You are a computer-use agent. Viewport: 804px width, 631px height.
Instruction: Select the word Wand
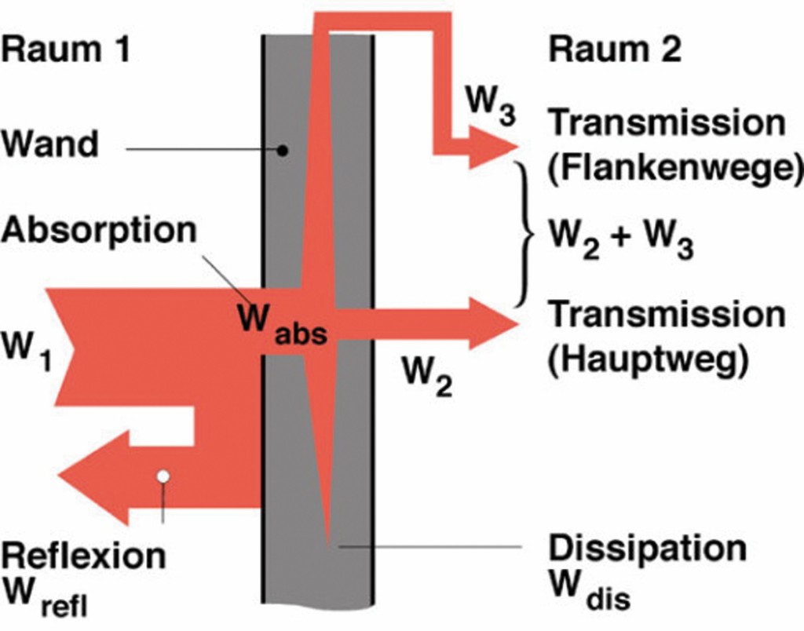tap(51, 144)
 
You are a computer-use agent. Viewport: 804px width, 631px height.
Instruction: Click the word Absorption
tap(97, 231)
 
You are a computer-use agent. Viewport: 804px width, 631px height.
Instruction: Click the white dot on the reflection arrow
tap(163, 476)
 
